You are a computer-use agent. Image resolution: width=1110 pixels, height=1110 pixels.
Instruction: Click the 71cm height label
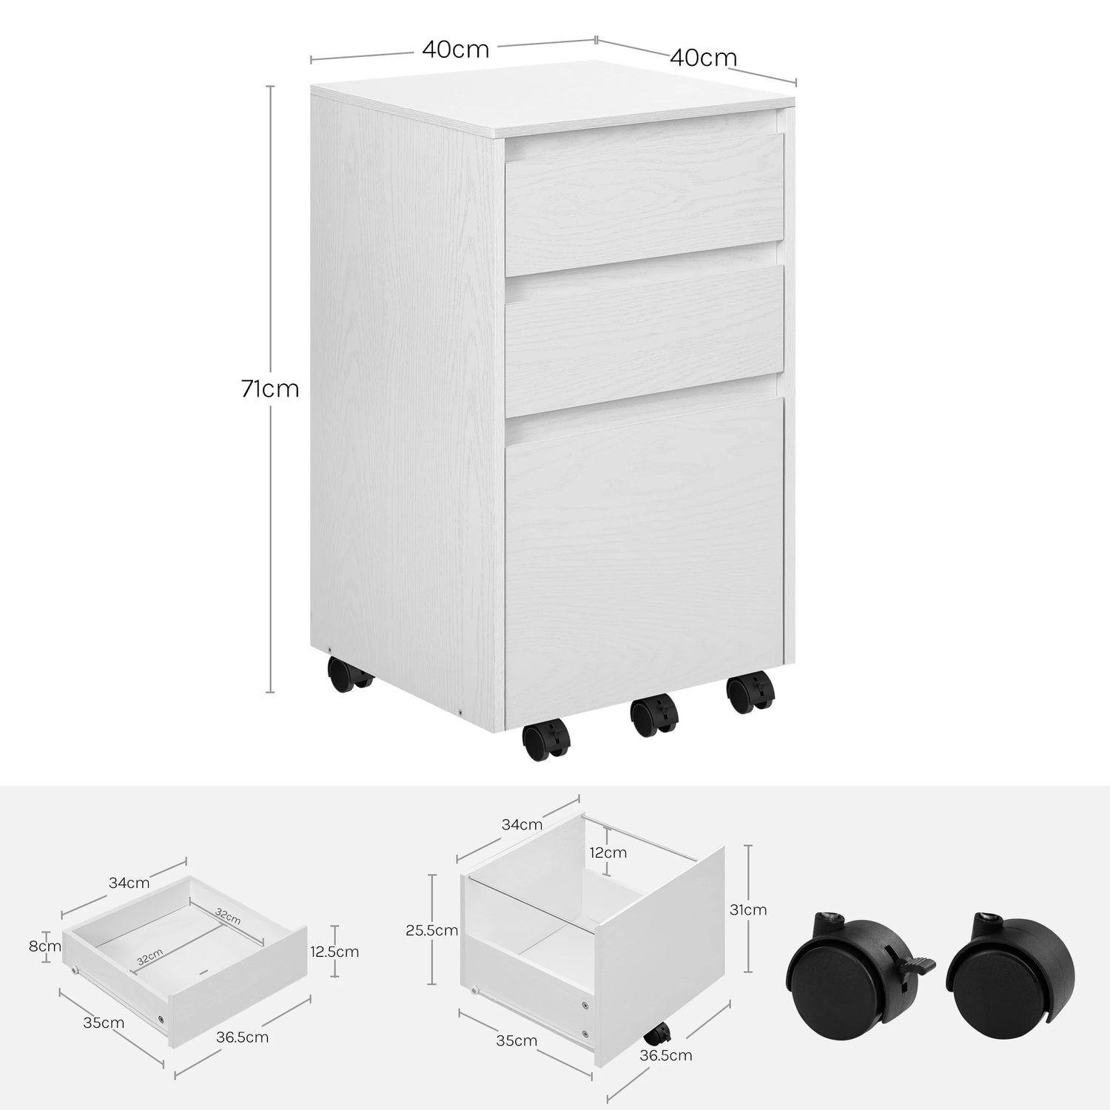click(x=270, y=388)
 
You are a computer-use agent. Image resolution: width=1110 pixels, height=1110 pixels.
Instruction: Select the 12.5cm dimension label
click(x=334, y=952)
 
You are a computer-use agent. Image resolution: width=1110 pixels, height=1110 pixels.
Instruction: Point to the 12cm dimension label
click(x=608, y=852)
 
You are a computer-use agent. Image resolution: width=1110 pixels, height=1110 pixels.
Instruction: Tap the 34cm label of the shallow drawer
click(x=129, y=882)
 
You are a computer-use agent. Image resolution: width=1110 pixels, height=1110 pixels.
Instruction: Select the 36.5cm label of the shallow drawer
click(x=243, y=1037)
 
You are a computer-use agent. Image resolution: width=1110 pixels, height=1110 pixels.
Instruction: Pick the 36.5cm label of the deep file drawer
click(x=666, y=1055)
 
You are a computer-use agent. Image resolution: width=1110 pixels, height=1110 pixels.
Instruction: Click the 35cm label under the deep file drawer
click(x=517, y=1041)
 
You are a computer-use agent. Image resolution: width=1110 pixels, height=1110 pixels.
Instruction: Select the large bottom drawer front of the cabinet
click(x=644, y=562)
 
